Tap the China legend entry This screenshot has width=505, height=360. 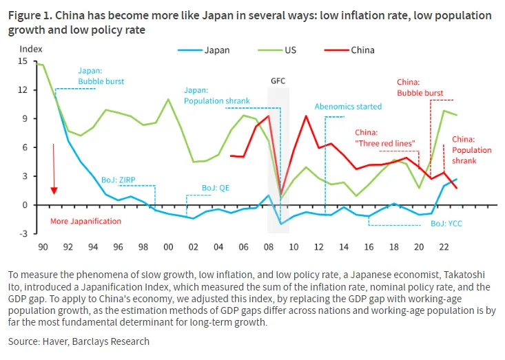pyautogui.click(x=362, y=50)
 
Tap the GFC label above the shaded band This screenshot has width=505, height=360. pyautogui.click(x=278, y=81)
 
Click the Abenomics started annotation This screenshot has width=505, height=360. pyautogui.click(x=348, y=107)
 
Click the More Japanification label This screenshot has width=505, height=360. pyautogui.click(x=85, y=221)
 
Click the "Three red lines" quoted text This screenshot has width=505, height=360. pyautogui.click(x=385, y=142)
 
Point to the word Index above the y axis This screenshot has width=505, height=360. pyautogui.click(x=31, y=49)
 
